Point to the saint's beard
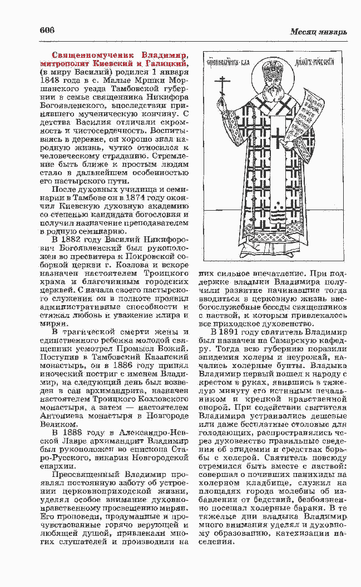pos(271,98)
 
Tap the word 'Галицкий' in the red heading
pos(165,64)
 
